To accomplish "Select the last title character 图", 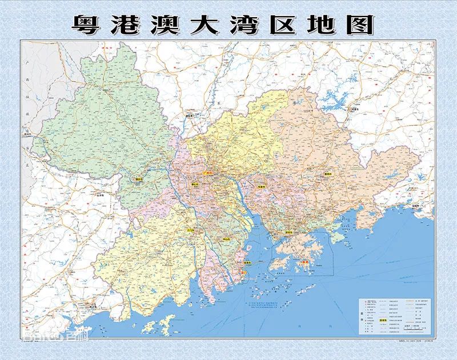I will (361, 23).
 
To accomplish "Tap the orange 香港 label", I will (306, 262).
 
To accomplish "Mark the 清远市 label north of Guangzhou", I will (189, 115).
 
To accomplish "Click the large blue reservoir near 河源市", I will (334, 103).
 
